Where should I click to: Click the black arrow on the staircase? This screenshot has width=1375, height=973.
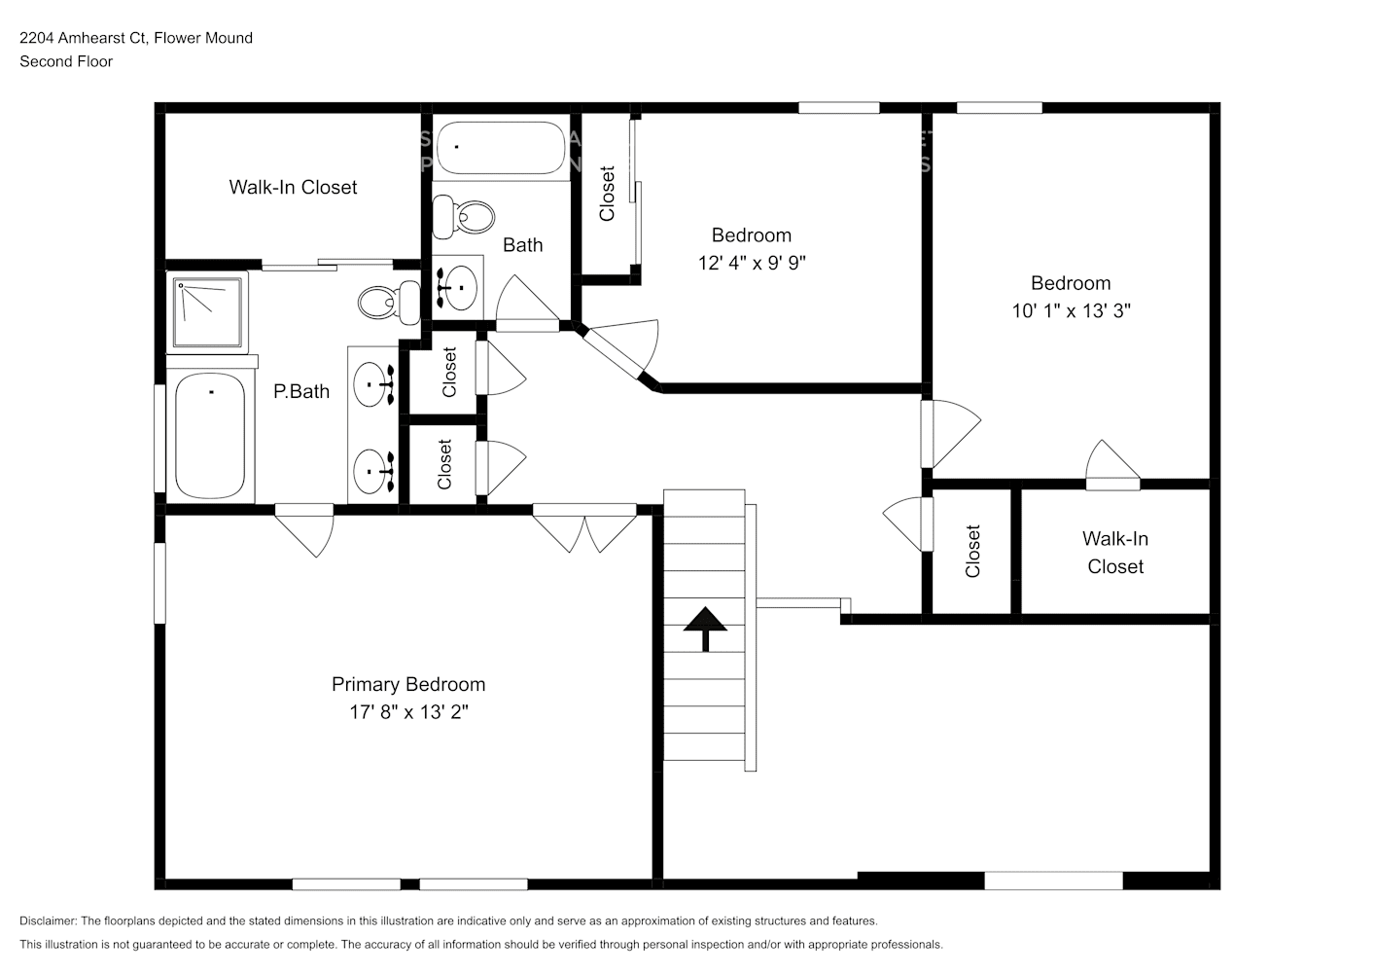[704, 629]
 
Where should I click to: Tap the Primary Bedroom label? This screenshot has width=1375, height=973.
[408, 684]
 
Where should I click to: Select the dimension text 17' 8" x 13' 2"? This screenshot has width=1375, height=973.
[408, 712]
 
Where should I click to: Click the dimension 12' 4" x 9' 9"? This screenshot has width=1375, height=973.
[752, 263]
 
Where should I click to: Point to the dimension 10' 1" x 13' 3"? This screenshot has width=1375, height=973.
[1071, 311]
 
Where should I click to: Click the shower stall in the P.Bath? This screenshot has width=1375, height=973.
[207, 312]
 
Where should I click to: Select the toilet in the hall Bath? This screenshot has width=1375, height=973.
[463, 216]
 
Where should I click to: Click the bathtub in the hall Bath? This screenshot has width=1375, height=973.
[500, 148]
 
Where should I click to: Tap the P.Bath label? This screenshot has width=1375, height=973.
[301, 391]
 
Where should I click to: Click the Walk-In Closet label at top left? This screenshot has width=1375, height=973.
[293, 187]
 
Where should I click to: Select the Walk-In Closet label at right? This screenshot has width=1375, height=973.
[1115, 553]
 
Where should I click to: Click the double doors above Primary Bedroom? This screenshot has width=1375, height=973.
[584, 528]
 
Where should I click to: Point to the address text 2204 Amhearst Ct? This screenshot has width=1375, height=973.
[136, 38]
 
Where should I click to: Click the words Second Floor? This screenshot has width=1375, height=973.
[66, 61]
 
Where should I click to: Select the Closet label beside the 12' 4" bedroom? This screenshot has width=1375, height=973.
[608, 194]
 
